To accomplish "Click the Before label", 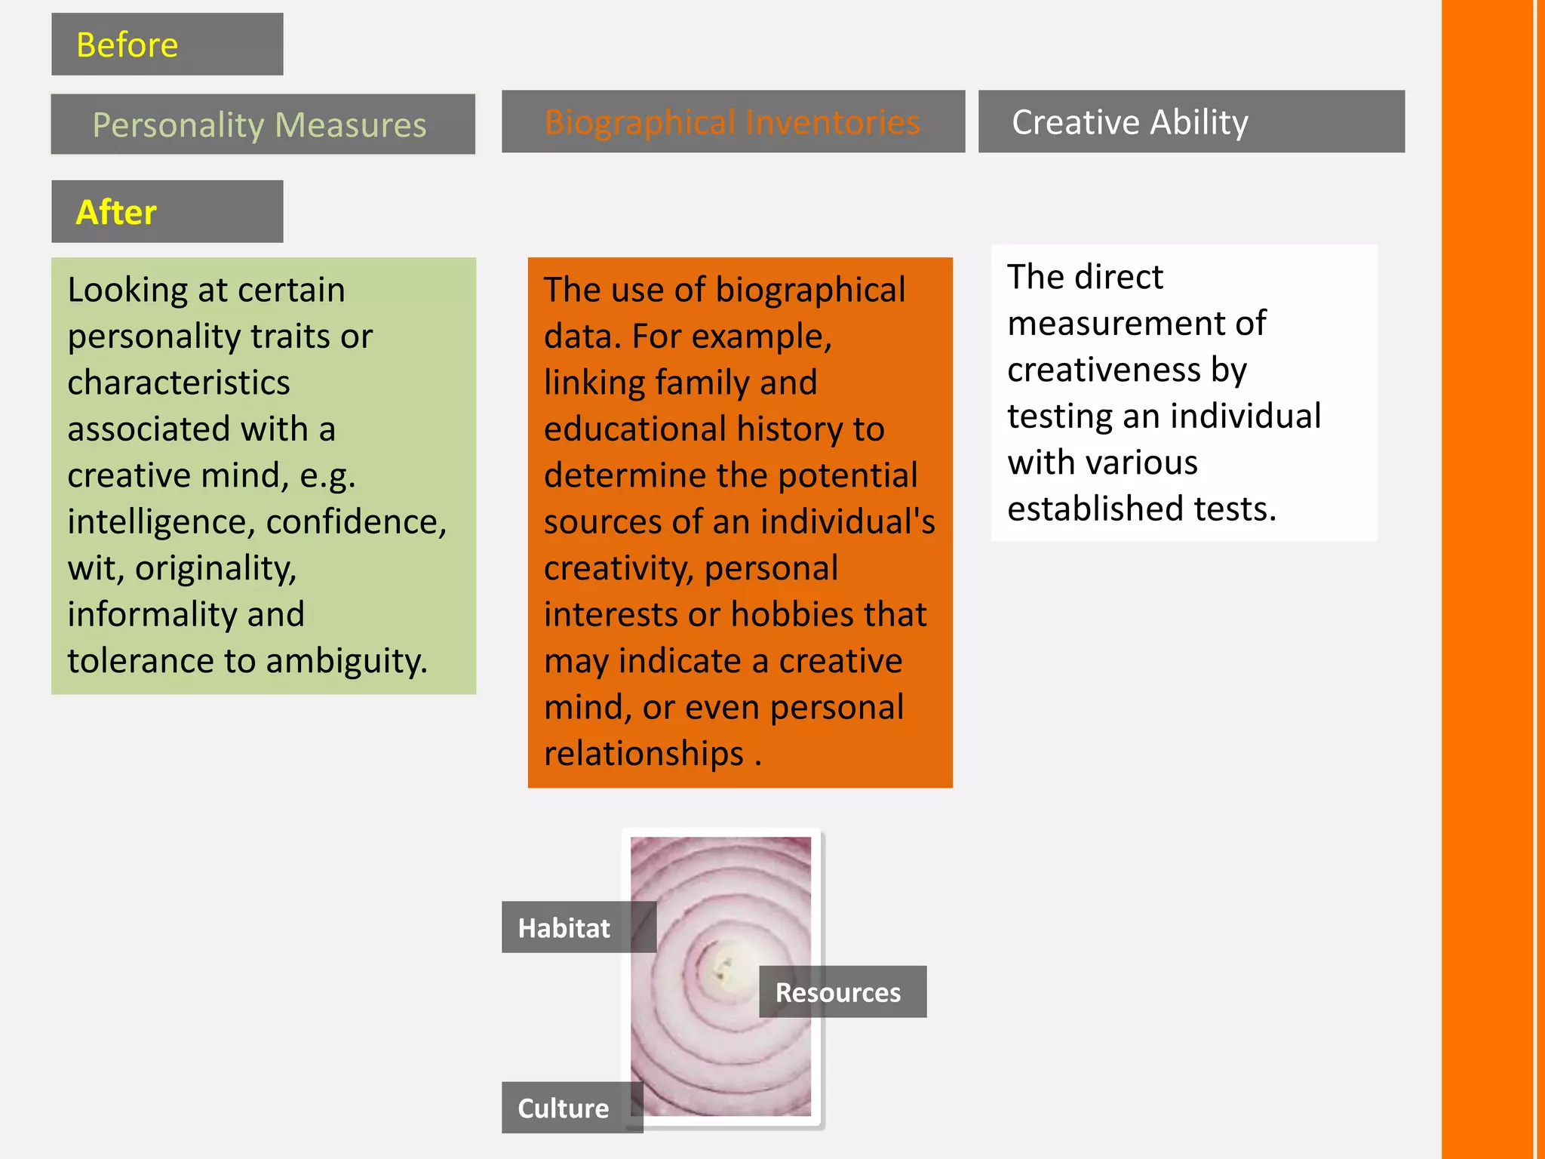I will [127, 45].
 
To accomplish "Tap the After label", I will [116, 212].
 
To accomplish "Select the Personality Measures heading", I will [259, 125].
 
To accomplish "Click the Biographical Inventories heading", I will [733, 122].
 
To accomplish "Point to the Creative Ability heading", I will [1129, 122].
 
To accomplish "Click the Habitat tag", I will [564, 927].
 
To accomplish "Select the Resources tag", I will [838, 992].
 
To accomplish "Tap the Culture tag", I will [563, 1108].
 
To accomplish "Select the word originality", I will [216, 568].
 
